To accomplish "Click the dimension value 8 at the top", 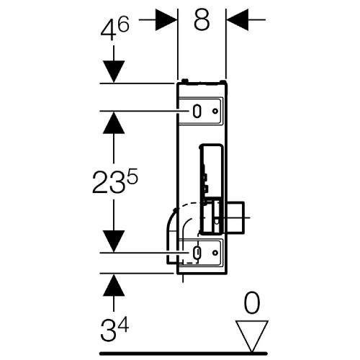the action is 202,20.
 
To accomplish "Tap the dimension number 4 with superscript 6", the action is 115,30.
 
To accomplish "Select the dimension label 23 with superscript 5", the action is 115,181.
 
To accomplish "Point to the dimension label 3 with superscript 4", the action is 114,329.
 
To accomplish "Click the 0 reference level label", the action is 252,303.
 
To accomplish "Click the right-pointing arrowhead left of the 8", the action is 166,19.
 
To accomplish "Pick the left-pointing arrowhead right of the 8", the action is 238,19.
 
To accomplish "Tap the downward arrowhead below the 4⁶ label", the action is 114,71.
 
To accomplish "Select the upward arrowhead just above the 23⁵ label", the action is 114,122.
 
